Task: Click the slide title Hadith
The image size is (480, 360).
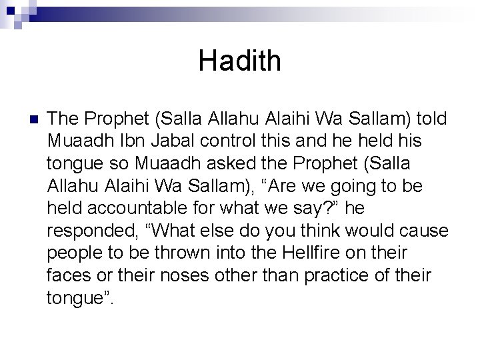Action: pyautogui.click(x=240, y=62)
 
